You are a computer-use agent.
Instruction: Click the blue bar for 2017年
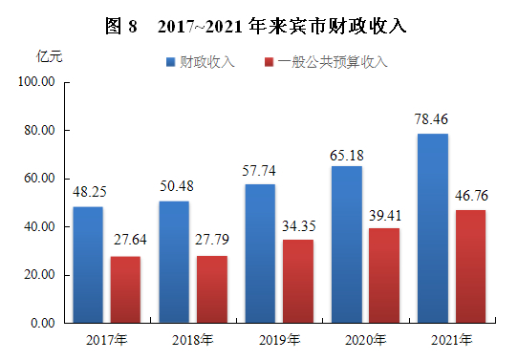[x=88, y=265]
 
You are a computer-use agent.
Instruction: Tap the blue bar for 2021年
[x=433, y=228]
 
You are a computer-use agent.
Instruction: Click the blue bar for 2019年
[x=260, y=253]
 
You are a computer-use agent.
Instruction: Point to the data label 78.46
[x=433, y=120]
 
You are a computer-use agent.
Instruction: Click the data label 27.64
[x=125, y=244]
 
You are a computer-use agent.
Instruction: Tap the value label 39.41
[x=384, y=216]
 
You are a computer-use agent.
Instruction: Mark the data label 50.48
[x=174, y=188]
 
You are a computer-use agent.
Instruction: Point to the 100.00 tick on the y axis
[x=36, y=82]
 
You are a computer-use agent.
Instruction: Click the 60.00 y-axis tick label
[x=39, y=179]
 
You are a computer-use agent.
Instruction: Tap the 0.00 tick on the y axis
[x=42, y=324]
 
